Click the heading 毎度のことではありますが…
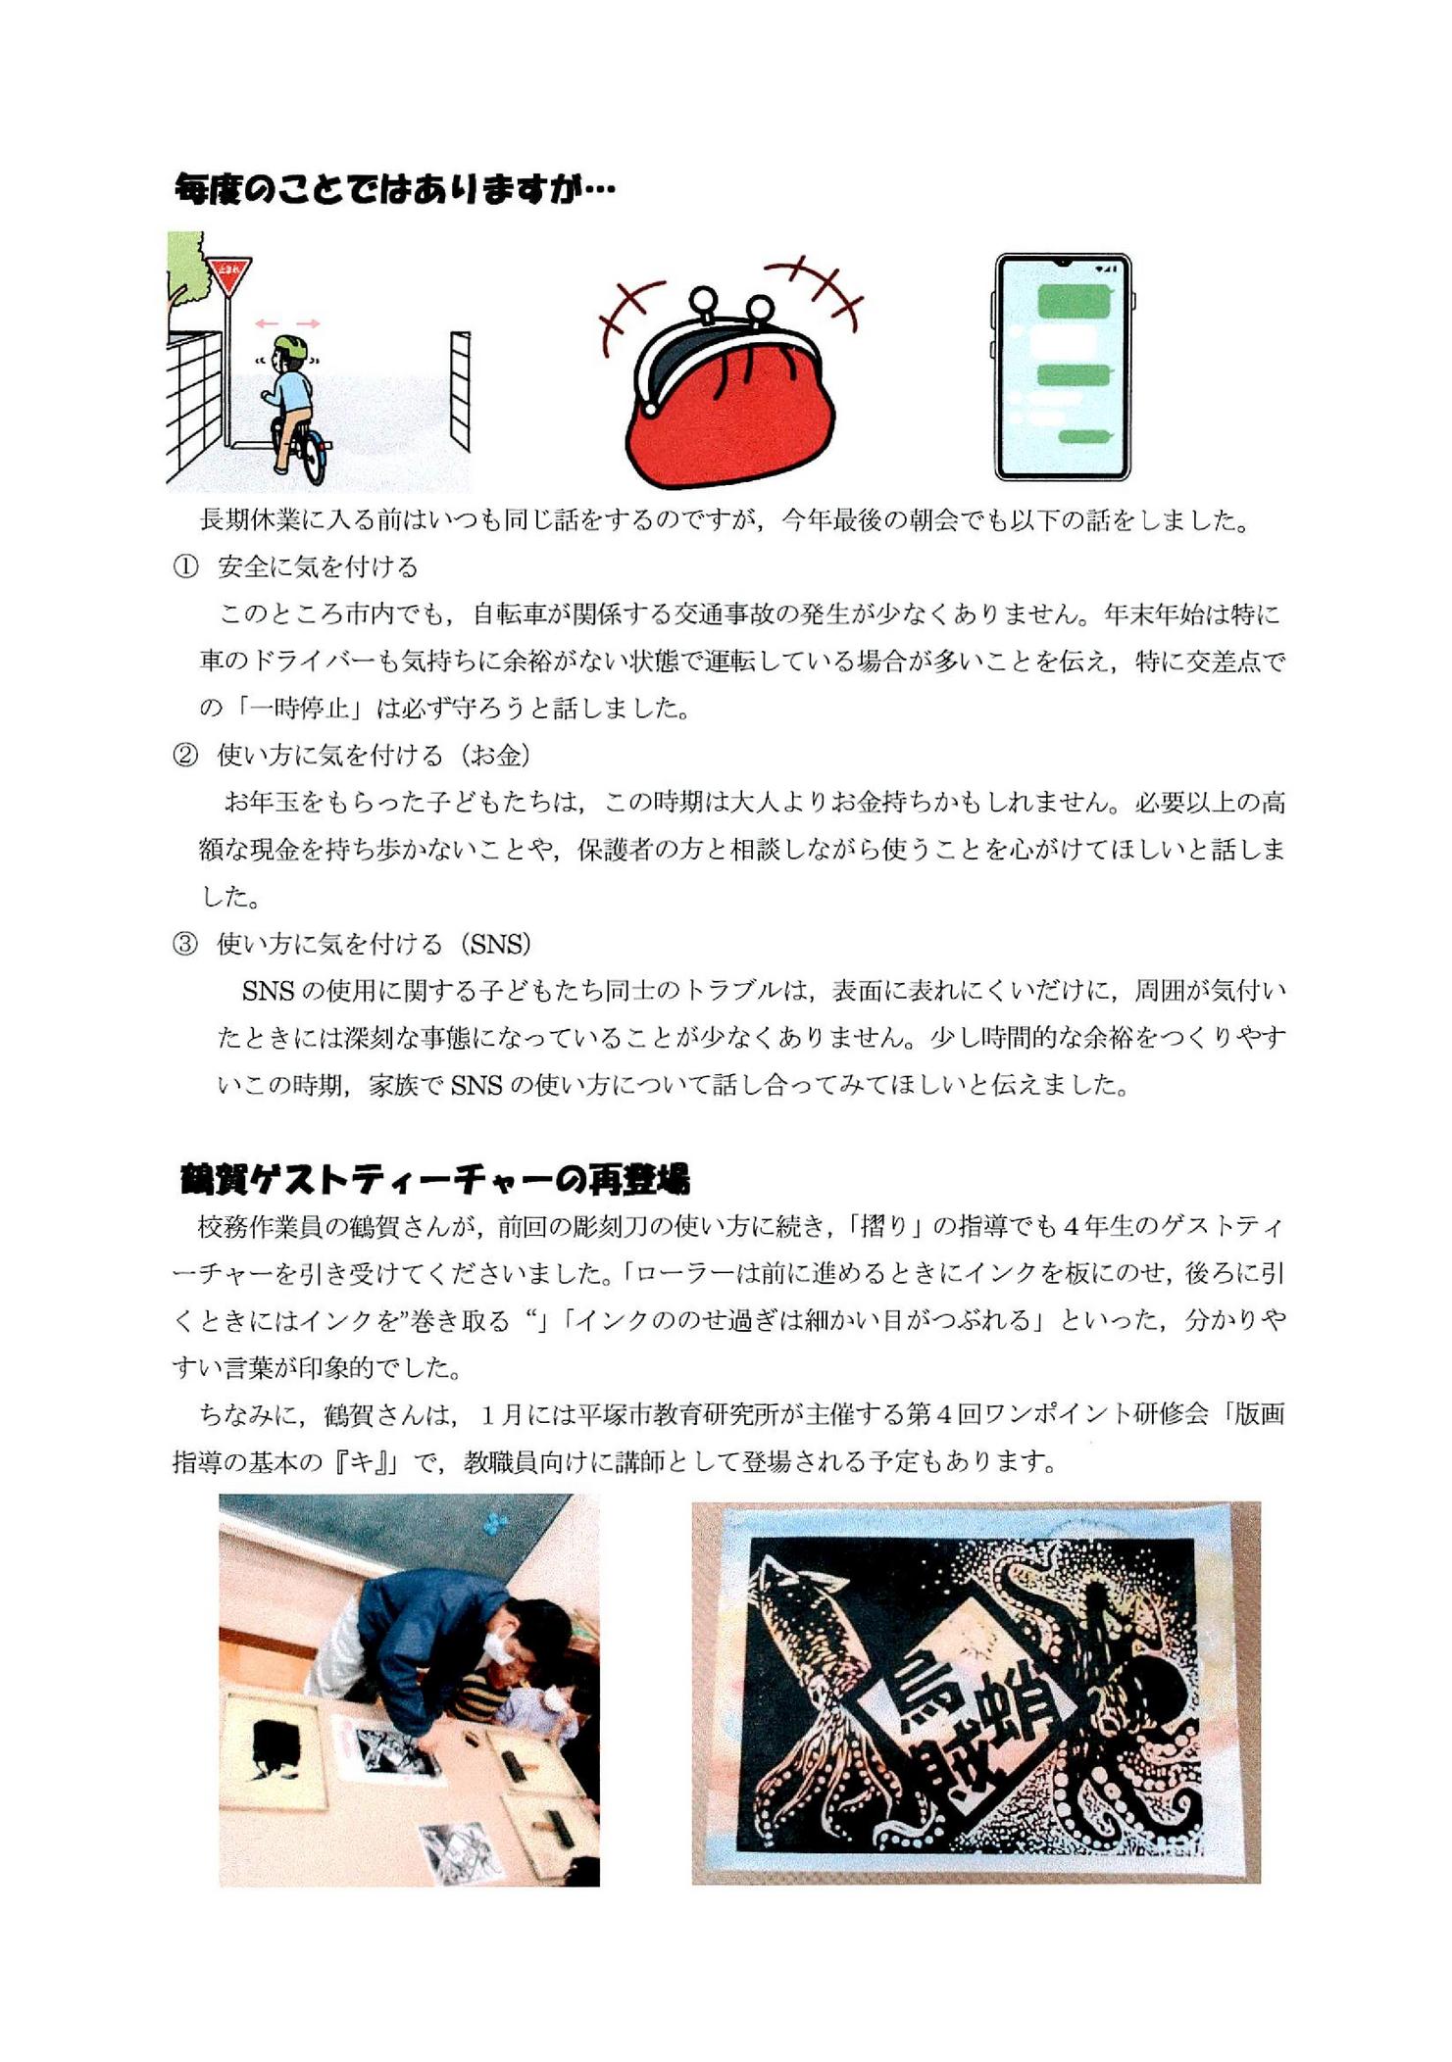pyautogui.click(x=394, y=188)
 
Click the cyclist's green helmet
pyautogui.click(x=290, y=347)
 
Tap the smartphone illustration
pyautogui.click(x=1063, y=368)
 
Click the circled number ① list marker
pyautogui.click(x=185, y=566)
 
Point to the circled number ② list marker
pyautogui.click(x=185, y=755)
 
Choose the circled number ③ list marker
pyautogui.click(x=185, y=944)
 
